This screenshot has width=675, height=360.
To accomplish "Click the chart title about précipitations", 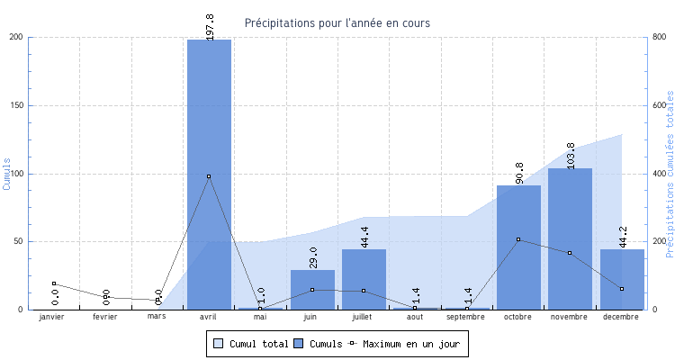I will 337,22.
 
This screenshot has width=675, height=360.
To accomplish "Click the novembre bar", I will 570,238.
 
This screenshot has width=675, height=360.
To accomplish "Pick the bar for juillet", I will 364,279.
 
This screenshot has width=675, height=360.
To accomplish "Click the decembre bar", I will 622,279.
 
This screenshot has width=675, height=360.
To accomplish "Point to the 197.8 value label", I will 210,26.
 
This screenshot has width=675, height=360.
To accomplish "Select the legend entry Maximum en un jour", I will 409,344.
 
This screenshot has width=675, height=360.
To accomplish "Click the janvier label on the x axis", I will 53,317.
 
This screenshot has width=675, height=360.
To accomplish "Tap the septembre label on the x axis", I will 466,317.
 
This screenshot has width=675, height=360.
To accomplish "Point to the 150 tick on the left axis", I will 17,105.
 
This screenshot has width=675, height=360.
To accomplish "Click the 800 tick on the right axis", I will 658,37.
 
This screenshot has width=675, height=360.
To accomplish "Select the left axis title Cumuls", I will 7,173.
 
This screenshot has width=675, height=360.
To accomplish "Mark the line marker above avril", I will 209,176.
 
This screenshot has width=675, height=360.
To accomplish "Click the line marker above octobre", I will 518,239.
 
